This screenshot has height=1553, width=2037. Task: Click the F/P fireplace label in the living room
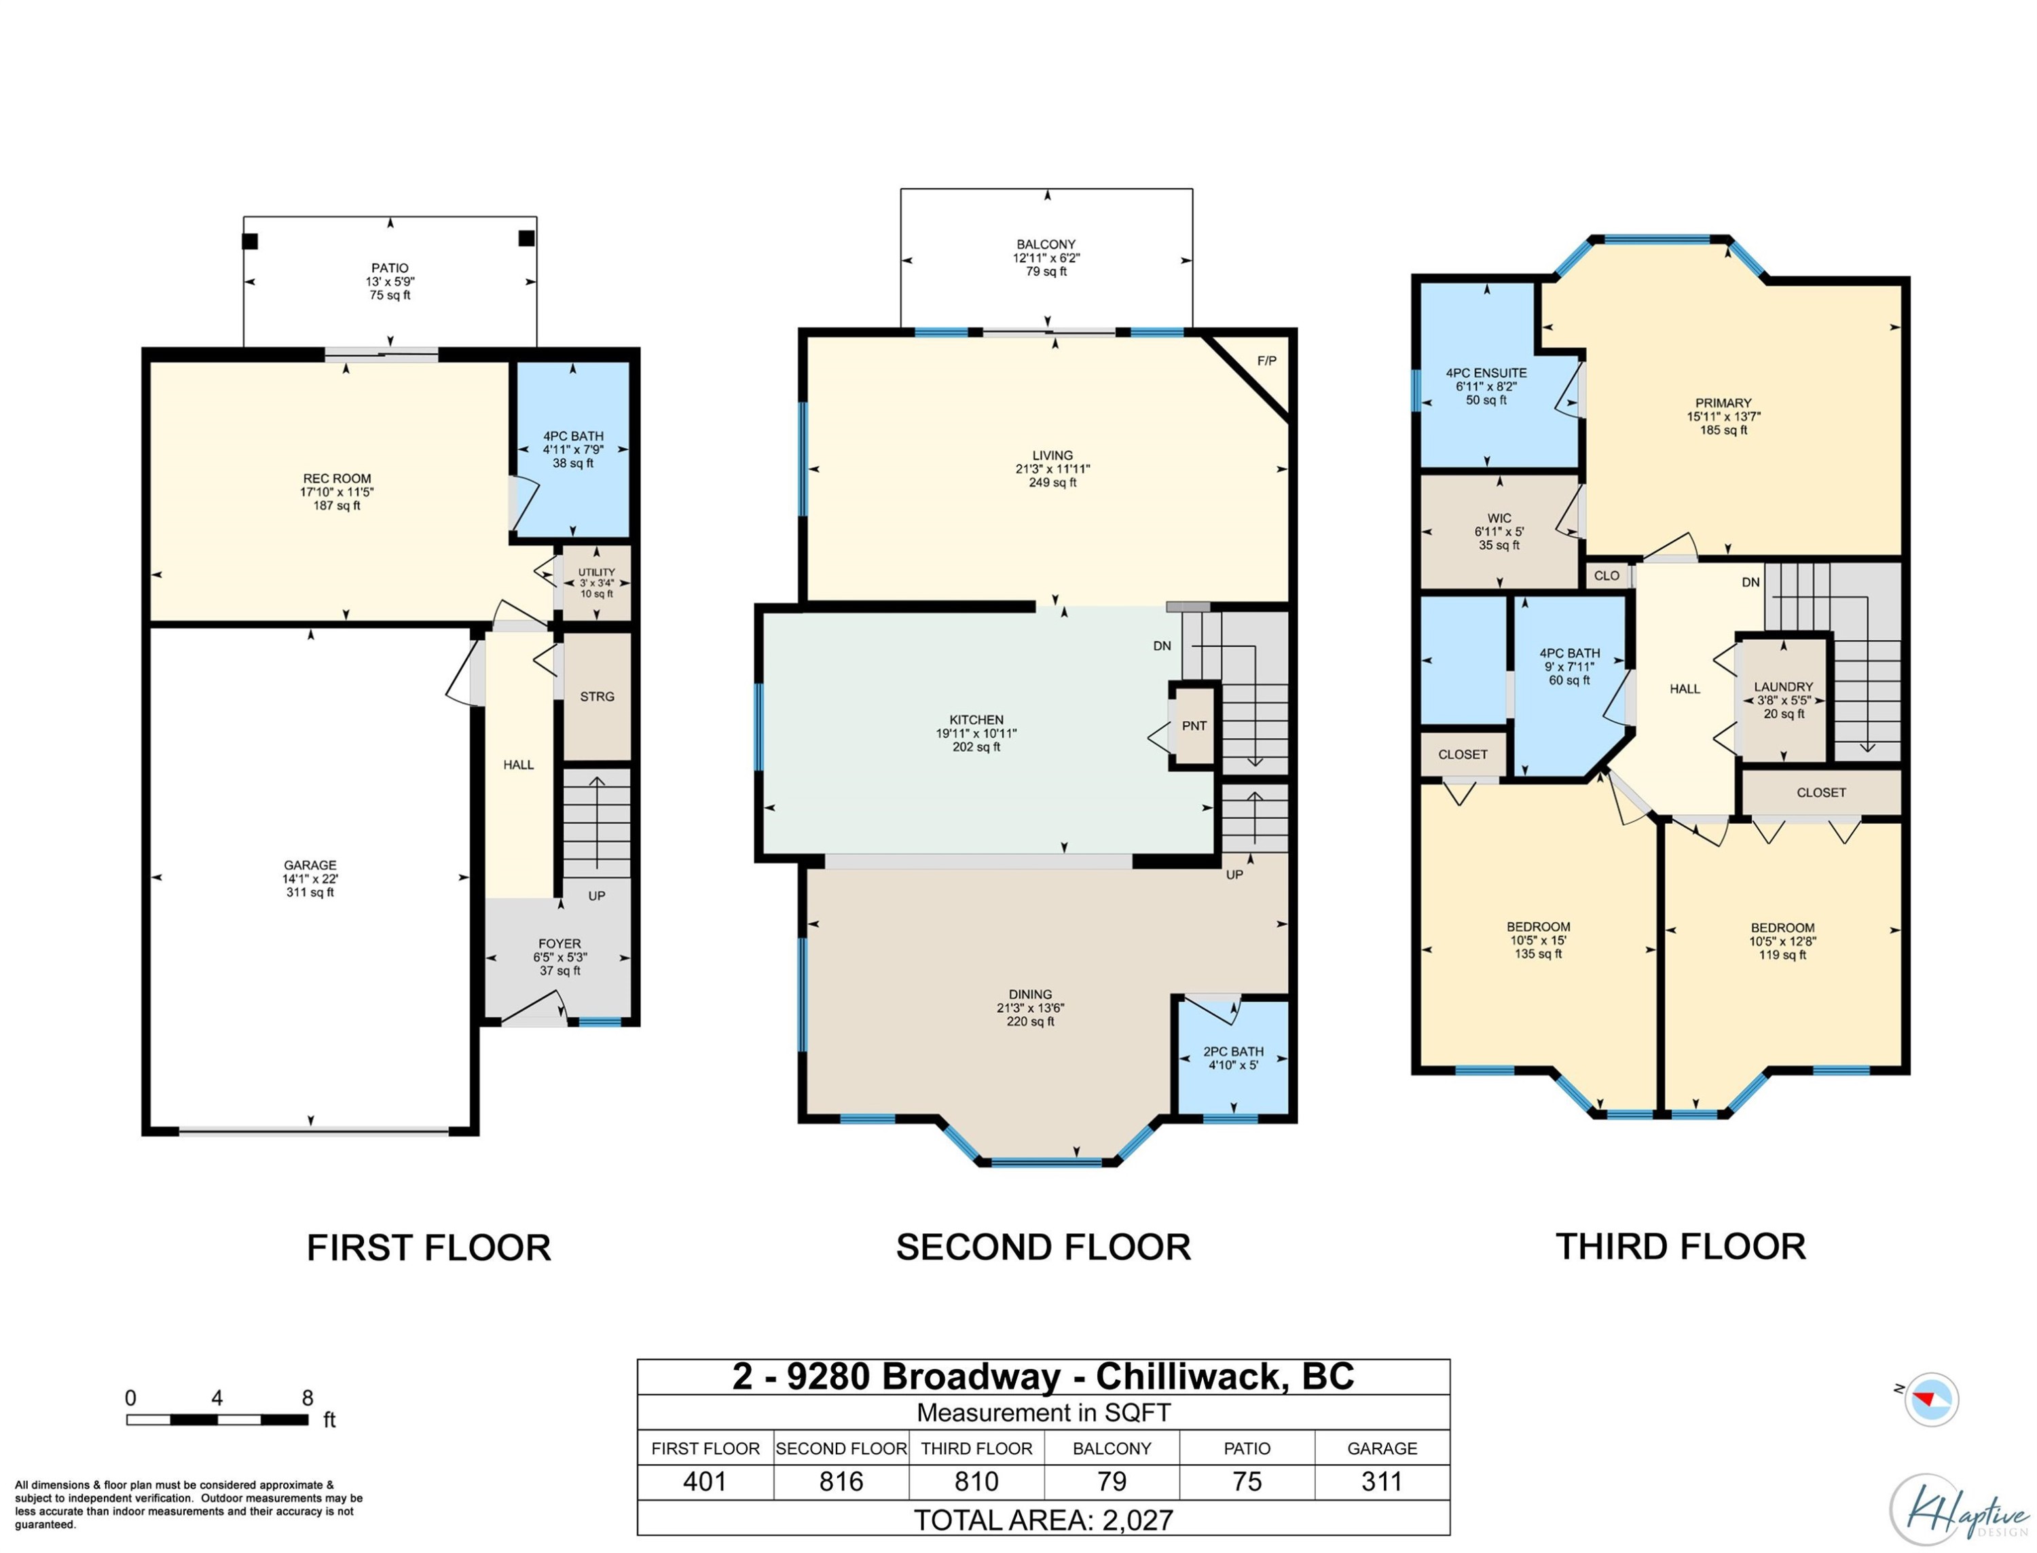click(1266, 361)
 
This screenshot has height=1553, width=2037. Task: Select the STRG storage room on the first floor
click(597, 696)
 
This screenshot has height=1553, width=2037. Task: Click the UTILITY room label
click(596, 572)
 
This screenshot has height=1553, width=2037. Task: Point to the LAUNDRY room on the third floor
click(1783, 687)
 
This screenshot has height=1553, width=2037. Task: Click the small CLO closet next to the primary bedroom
click(1607, 575)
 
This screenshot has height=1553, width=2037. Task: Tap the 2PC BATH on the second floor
click(1233, 1051)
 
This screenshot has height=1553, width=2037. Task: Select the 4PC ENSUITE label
click(1486, 373)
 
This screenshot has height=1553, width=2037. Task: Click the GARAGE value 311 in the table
click(1382, 1482)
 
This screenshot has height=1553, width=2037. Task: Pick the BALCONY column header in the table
click(1112, 1448)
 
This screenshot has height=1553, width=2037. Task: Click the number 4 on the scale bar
click(217, 1397)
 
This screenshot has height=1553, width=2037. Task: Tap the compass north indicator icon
click(1930, 1400)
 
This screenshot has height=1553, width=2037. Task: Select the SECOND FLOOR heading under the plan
click(1044, 1247)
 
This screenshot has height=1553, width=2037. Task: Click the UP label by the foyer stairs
click(597, 896)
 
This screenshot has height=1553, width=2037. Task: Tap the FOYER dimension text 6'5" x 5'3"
click(560, 957)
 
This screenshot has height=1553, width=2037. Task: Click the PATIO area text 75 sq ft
click(390, 295)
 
